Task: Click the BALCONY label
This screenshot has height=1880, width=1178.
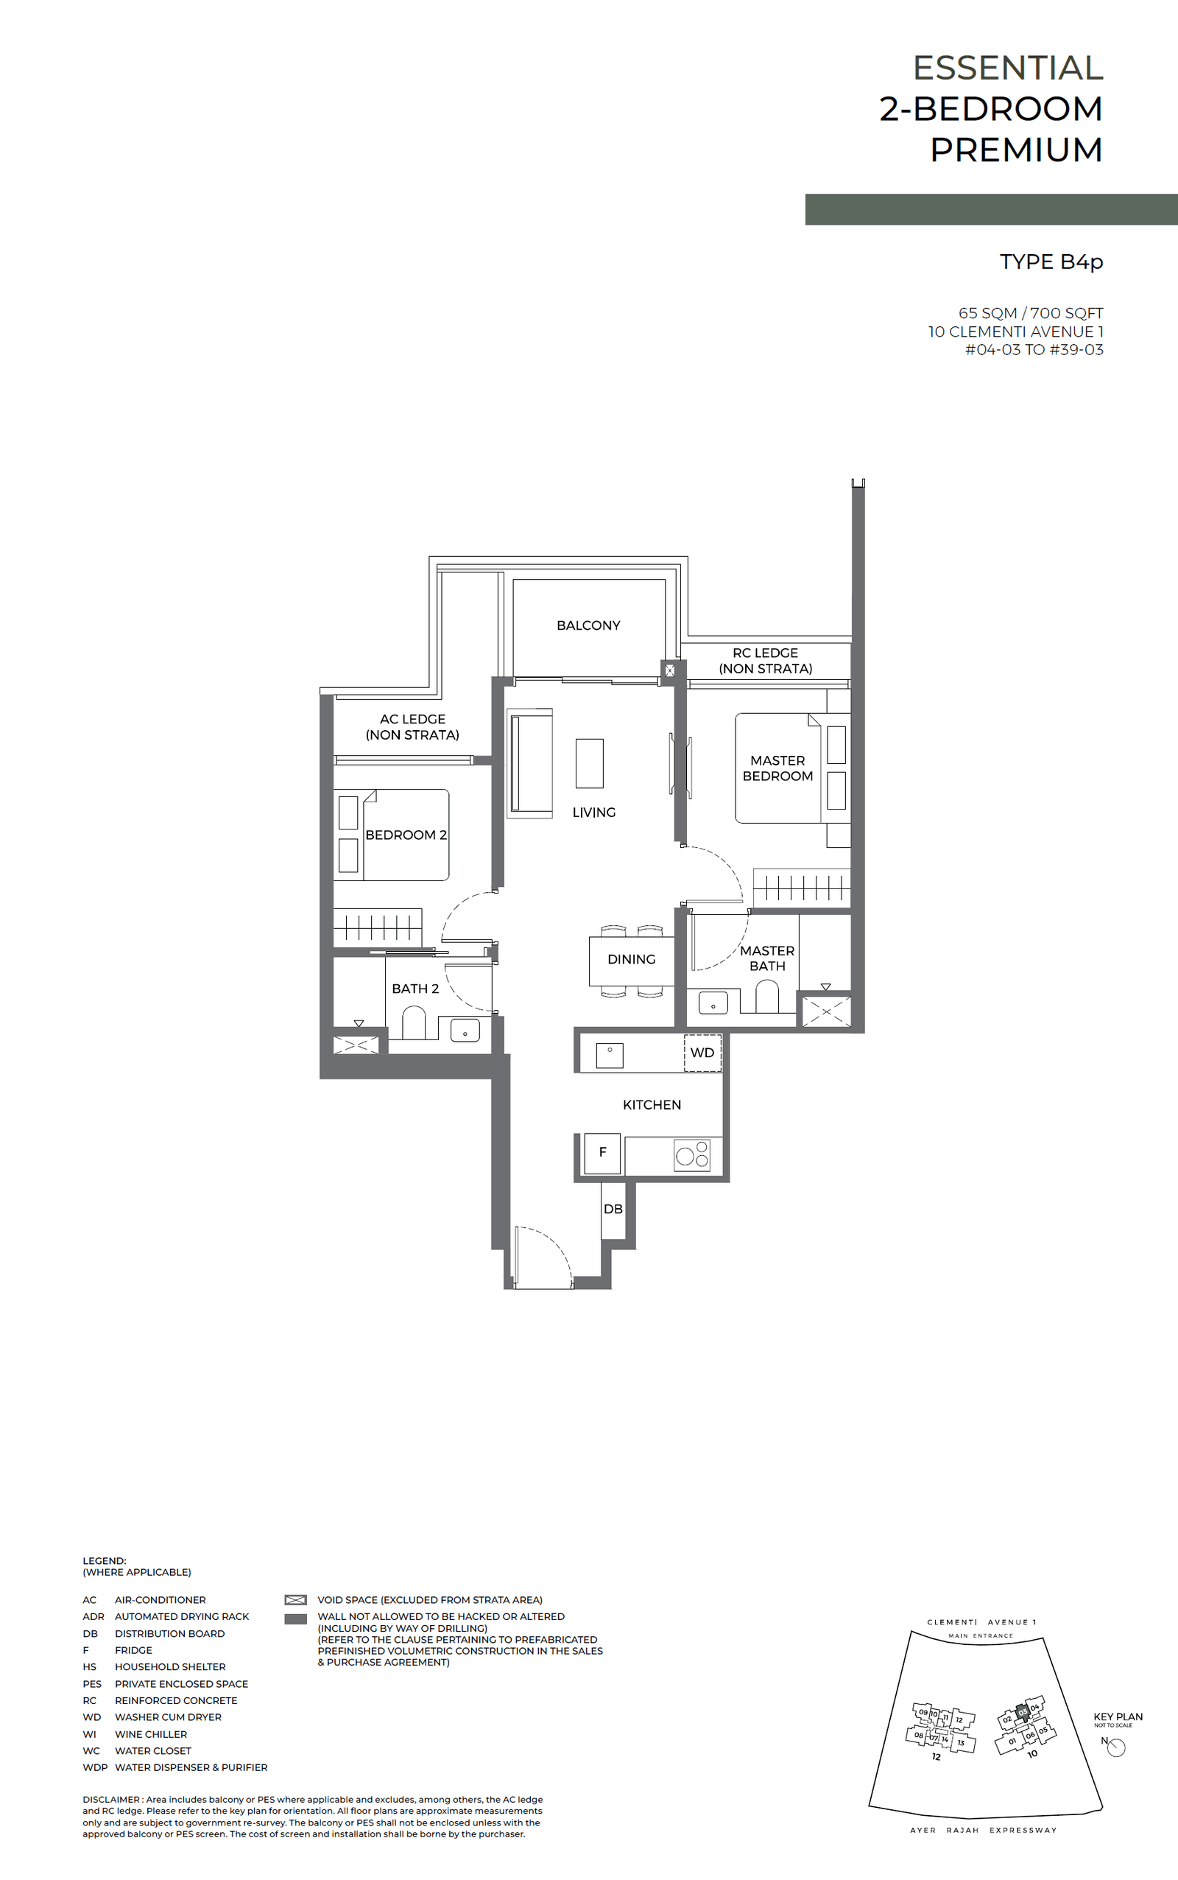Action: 588,625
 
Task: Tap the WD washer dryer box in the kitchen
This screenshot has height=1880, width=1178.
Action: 702,1052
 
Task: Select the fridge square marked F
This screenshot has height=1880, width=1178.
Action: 602,1152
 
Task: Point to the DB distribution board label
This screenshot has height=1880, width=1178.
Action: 613,1209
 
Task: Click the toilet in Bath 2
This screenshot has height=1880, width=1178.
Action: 414,1023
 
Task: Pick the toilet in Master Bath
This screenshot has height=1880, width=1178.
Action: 766,996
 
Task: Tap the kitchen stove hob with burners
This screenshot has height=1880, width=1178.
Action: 692,1154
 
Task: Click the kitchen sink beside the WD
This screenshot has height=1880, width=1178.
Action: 610,1055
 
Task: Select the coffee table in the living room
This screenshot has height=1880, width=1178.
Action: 589,763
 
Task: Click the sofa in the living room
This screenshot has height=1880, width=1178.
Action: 531,762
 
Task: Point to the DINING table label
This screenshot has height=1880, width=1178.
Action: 631,959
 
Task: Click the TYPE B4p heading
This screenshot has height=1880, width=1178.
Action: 1051,262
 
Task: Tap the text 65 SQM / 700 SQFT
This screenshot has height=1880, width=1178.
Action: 1030,312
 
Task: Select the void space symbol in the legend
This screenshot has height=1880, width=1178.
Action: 295,1599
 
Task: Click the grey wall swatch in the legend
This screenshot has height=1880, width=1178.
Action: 295,1618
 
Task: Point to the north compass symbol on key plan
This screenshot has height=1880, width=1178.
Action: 1115,1748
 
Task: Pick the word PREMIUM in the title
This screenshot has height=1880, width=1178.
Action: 1016,150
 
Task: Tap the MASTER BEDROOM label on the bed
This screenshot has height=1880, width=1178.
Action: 777,768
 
